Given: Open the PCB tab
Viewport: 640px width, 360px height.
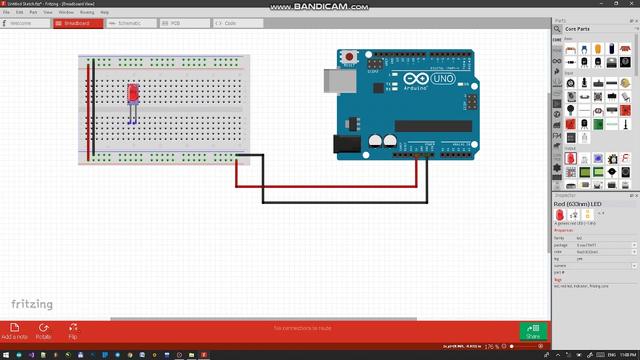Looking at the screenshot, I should (x=175, y=23).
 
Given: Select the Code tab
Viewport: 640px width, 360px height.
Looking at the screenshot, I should (x=230, y=23).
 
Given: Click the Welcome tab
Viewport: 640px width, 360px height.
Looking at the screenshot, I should (x=20, y=23).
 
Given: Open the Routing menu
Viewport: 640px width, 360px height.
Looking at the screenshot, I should (x=87, y=12).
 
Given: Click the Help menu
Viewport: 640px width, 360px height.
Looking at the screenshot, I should (x=104, y=12).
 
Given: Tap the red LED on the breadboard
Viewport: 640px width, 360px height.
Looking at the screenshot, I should (x=132, y=93).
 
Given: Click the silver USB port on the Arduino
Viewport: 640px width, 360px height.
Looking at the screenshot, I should (x=339, y=81).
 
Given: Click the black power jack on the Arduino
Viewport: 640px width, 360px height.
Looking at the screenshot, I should (x=346, y=144).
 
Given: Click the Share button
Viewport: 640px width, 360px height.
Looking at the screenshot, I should (x=533, y=331).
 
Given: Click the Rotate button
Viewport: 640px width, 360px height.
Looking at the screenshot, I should (x=43, y=331).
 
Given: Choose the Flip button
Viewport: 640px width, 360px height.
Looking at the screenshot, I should (x=73, y=331).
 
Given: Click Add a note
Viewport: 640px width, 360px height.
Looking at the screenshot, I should (x=14, y=331).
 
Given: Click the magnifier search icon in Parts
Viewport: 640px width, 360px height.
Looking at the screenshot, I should (x=557, y=29).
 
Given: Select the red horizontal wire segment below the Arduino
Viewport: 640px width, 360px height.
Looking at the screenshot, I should (x=325, y=186).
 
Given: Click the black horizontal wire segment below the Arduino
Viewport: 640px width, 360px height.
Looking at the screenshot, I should (x=345, y=202).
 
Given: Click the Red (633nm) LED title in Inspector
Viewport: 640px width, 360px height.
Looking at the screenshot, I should (x=577, y=204).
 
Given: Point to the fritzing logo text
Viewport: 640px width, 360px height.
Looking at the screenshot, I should (x=32, y=304).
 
